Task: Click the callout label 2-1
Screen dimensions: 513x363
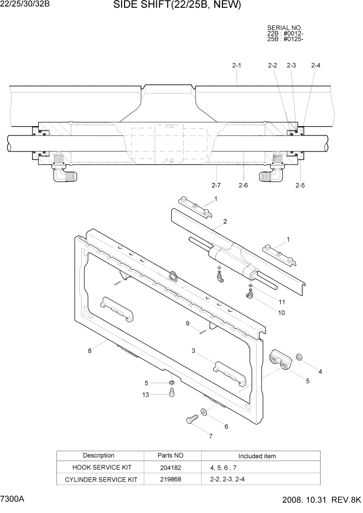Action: click(x=236, y=66)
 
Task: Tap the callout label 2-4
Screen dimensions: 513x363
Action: click(x=315, y=66)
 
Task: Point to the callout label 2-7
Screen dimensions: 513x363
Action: click(x=216, y=185)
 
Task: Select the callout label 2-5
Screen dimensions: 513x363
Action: click(x=300, y=185)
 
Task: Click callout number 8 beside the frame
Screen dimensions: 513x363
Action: click(x=89, y=351)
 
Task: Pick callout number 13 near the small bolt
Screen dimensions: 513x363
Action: click(x=146, y=395)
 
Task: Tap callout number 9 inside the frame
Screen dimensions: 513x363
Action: click(x=188, y=324)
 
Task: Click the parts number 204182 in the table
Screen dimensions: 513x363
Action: click(x=171, y=467)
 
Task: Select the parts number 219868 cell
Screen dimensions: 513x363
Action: click(x=171, y=479)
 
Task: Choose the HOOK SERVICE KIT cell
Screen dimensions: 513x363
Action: click(x=99, y=467)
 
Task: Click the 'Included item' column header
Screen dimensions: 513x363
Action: click(x=257, y=456)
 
